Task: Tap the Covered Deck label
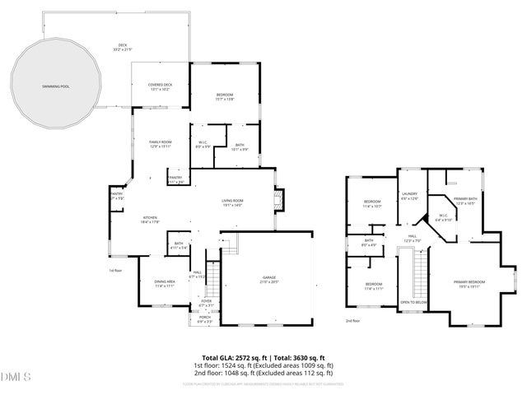point(160,86)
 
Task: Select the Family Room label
point(160,144)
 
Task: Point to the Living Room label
point(232,202)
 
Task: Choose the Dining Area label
point(165,283)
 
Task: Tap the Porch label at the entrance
point(204,318)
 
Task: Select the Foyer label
point(207,302)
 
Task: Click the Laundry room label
point(409,196)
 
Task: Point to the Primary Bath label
point(466,200)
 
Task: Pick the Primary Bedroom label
point(469,284)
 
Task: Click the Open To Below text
point(413,302)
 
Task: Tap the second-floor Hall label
point(410,237)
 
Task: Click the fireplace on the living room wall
point(277,201)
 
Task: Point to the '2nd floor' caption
point(352,321)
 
